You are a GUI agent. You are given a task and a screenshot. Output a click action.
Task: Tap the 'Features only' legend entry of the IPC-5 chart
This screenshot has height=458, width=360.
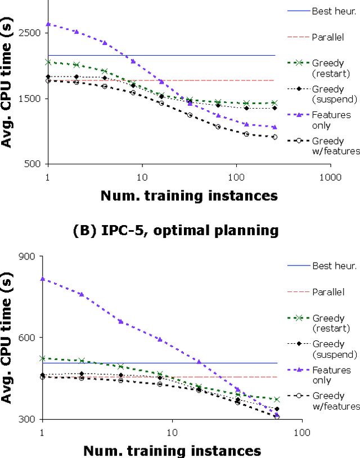pos(332,375)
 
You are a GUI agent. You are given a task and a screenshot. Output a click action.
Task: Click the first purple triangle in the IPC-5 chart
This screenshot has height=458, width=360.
pos(42,279)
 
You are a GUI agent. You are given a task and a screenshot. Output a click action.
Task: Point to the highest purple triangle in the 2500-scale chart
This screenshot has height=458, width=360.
pos(48,24)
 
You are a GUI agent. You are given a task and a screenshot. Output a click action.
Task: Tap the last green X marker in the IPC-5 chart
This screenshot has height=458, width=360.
pos(277,399)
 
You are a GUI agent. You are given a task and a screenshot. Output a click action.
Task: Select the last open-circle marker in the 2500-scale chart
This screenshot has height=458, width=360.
pos(274,137)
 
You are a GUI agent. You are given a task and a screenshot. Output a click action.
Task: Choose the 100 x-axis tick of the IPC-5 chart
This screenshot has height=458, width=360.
pos(302,433)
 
